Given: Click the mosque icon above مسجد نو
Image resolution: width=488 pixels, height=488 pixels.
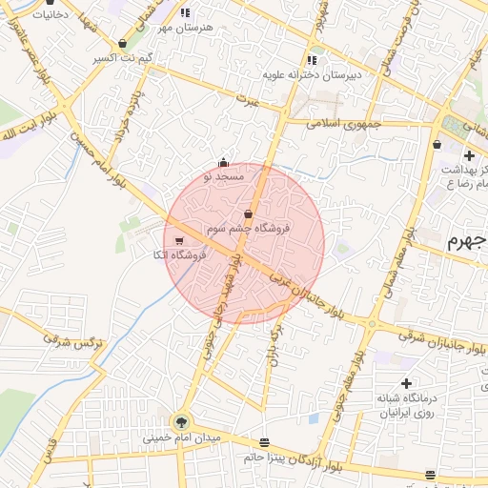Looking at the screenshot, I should pyautogui.click(x=223, y=162).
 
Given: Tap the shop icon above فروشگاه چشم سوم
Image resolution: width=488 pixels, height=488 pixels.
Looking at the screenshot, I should pyautogui.click(x=249, y=214).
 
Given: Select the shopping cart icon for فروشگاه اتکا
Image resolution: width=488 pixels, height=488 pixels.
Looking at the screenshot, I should pyautogui.click(x=179, y=240).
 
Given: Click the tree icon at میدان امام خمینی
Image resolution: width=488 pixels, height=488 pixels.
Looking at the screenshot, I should pyautogui.click(x=181, y=421).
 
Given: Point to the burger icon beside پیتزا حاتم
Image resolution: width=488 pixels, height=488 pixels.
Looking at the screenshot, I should pyautogui.click(x=264, y=442).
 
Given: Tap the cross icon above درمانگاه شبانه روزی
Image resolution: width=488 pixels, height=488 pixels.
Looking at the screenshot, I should pyautogui.click(x=407, y=382).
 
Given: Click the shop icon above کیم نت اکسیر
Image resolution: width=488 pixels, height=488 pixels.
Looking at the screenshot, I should pyautogui.click(x=123, y=44).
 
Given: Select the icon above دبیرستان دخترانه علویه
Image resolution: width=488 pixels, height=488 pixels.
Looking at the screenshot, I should pyautogui.click(x=311, y=59).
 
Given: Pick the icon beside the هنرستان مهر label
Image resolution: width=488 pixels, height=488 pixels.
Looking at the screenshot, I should pyautogui.click(x=185, y=13).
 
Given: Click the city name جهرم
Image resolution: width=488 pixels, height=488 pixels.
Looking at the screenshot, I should pyautogui.click(x=468, y=240).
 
